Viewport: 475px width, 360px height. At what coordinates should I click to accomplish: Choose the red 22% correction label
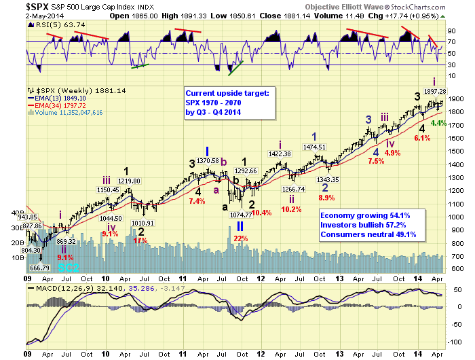tap(240, 238)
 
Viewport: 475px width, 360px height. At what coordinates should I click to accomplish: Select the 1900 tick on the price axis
tap(458, 98)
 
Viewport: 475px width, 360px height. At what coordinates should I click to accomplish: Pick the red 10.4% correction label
tap(261, 213)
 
